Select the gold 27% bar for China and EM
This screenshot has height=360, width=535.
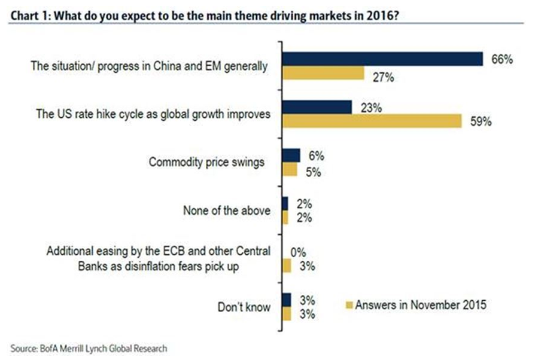coord(323,74)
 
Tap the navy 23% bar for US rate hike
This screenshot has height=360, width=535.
coord(317,106)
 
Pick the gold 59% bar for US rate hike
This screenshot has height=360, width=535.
coord(372,121)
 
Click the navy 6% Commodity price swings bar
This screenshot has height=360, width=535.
coord(291,155)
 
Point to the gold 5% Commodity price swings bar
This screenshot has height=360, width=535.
coord(290,170)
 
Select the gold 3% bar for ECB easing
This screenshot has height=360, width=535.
coord(287,266)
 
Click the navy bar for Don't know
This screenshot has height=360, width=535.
coord(287,299)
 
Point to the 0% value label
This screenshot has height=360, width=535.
coord(297,252)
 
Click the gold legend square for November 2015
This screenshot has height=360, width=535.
coord(349,304)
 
